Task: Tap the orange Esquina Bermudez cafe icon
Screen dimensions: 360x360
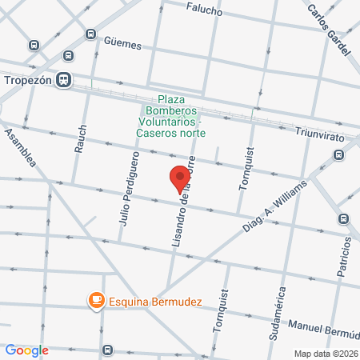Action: [96, 300]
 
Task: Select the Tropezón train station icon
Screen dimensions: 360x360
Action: [63, 79]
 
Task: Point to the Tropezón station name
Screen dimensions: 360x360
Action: [27, 79]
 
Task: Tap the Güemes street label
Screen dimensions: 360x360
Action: [122, 45]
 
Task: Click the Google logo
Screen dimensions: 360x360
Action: [27, 350]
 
